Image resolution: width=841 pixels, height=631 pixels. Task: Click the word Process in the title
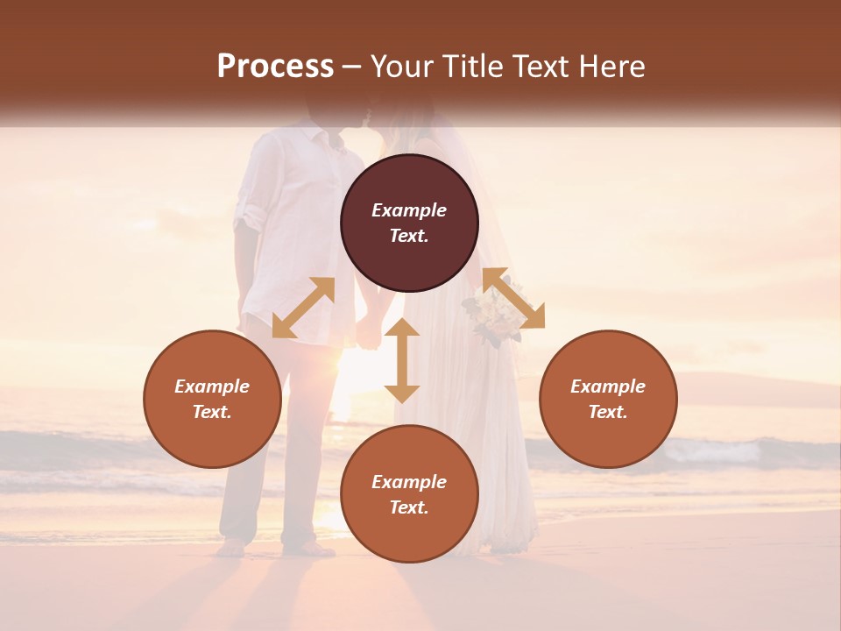click(x=275, y=67)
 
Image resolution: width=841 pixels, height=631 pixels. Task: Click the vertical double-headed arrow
click(x=402, y=360)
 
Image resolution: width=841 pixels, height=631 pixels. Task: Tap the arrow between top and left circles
click(x=303, y=308)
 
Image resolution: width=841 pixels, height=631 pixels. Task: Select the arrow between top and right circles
click(x=513, y=298)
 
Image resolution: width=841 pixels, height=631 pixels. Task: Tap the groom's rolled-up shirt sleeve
click(x=250, y=213)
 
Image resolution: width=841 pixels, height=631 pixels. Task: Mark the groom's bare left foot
click(x=230, y=549)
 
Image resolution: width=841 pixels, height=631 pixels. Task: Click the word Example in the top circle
click(x=409, y=210)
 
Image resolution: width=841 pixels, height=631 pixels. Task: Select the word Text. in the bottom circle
click(x=409, y=507)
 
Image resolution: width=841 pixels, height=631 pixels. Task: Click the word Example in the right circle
click(x=608, y=386)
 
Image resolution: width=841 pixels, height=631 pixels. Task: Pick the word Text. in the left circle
click(x=212, y=412)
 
